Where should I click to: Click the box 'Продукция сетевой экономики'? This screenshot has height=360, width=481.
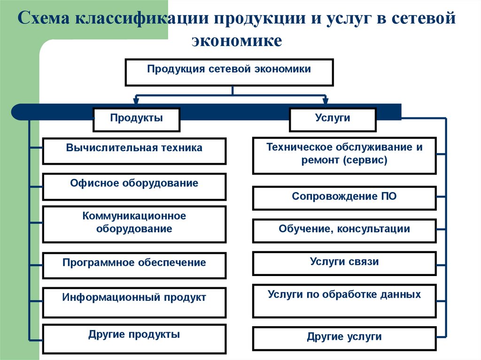(x=229, y=72)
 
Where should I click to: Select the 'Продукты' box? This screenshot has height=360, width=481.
(x=136, y=120)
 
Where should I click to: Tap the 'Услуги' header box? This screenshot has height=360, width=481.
(x=333, y=120)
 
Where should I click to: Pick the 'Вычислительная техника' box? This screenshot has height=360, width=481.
(x=134, y=151)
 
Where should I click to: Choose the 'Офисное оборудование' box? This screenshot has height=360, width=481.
(x=134, y=186)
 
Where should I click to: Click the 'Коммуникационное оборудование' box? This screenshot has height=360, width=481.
(x=134, y=224)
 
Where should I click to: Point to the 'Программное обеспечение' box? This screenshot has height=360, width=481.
(x=134, y=265)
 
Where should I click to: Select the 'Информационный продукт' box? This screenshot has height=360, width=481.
(x=134, y=301)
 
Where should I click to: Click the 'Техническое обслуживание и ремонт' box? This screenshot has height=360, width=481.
(x=344, y=155)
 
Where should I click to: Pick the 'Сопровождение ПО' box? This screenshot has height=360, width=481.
(x=344, y=198)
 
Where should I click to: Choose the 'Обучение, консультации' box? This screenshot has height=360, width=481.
(x=344, y=230)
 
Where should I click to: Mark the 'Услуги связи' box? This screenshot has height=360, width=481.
(x=344, y=263)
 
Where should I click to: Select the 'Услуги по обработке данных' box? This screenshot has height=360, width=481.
(x=344, y=300)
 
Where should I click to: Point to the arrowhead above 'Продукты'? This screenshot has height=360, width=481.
(x=136, y=100)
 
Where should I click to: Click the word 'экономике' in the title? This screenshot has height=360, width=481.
(x=237, y=41)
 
